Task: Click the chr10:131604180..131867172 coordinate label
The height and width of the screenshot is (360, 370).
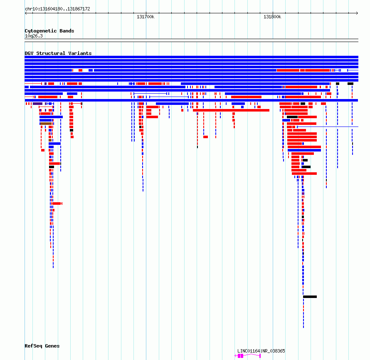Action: [57, 9]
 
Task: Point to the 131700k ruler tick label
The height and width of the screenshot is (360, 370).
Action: [146, 17]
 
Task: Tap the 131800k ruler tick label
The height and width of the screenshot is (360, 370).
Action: [272, 17]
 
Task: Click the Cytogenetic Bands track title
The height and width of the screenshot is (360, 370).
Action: [49, 31]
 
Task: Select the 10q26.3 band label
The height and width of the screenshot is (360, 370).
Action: [34, 36]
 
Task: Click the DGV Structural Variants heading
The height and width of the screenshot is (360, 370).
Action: [58, 53]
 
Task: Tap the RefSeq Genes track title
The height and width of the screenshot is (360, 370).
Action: [42, 346]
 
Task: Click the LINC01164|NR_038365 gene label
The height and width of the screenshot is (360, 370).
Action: [261, 351]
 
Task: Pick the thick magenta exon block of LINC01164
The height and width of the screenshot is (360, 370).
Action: [240, 356]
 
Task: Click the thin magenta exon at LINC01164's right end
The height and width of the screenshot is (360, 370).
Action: [260, 356]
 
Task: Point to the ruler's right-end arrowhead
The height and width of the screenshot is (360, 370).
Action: [357, 13]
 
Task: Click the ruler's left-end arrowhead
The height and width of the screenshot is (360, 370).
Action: [26, 13]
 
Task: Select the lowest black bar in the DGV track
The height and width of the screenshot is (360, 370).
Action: [310, 297]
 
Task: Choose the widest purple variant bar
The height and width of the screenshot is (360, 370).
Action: [37, 104]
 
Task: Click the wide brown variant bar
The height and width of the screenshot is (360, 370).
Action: [46, 124]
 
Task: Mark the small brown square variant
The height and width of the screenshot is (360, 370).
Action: [50, 140]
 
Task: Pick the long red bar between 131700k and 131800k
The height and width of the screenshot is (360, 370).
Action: [231, 110]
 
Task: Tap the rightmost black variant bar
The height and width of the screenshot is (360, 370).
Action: [350, 84]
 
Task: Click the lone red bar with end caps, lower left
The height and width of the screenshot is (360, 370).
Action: [57, 204]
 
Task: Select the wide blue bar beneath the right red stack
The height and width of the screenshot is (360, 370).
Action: [304, 150]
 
